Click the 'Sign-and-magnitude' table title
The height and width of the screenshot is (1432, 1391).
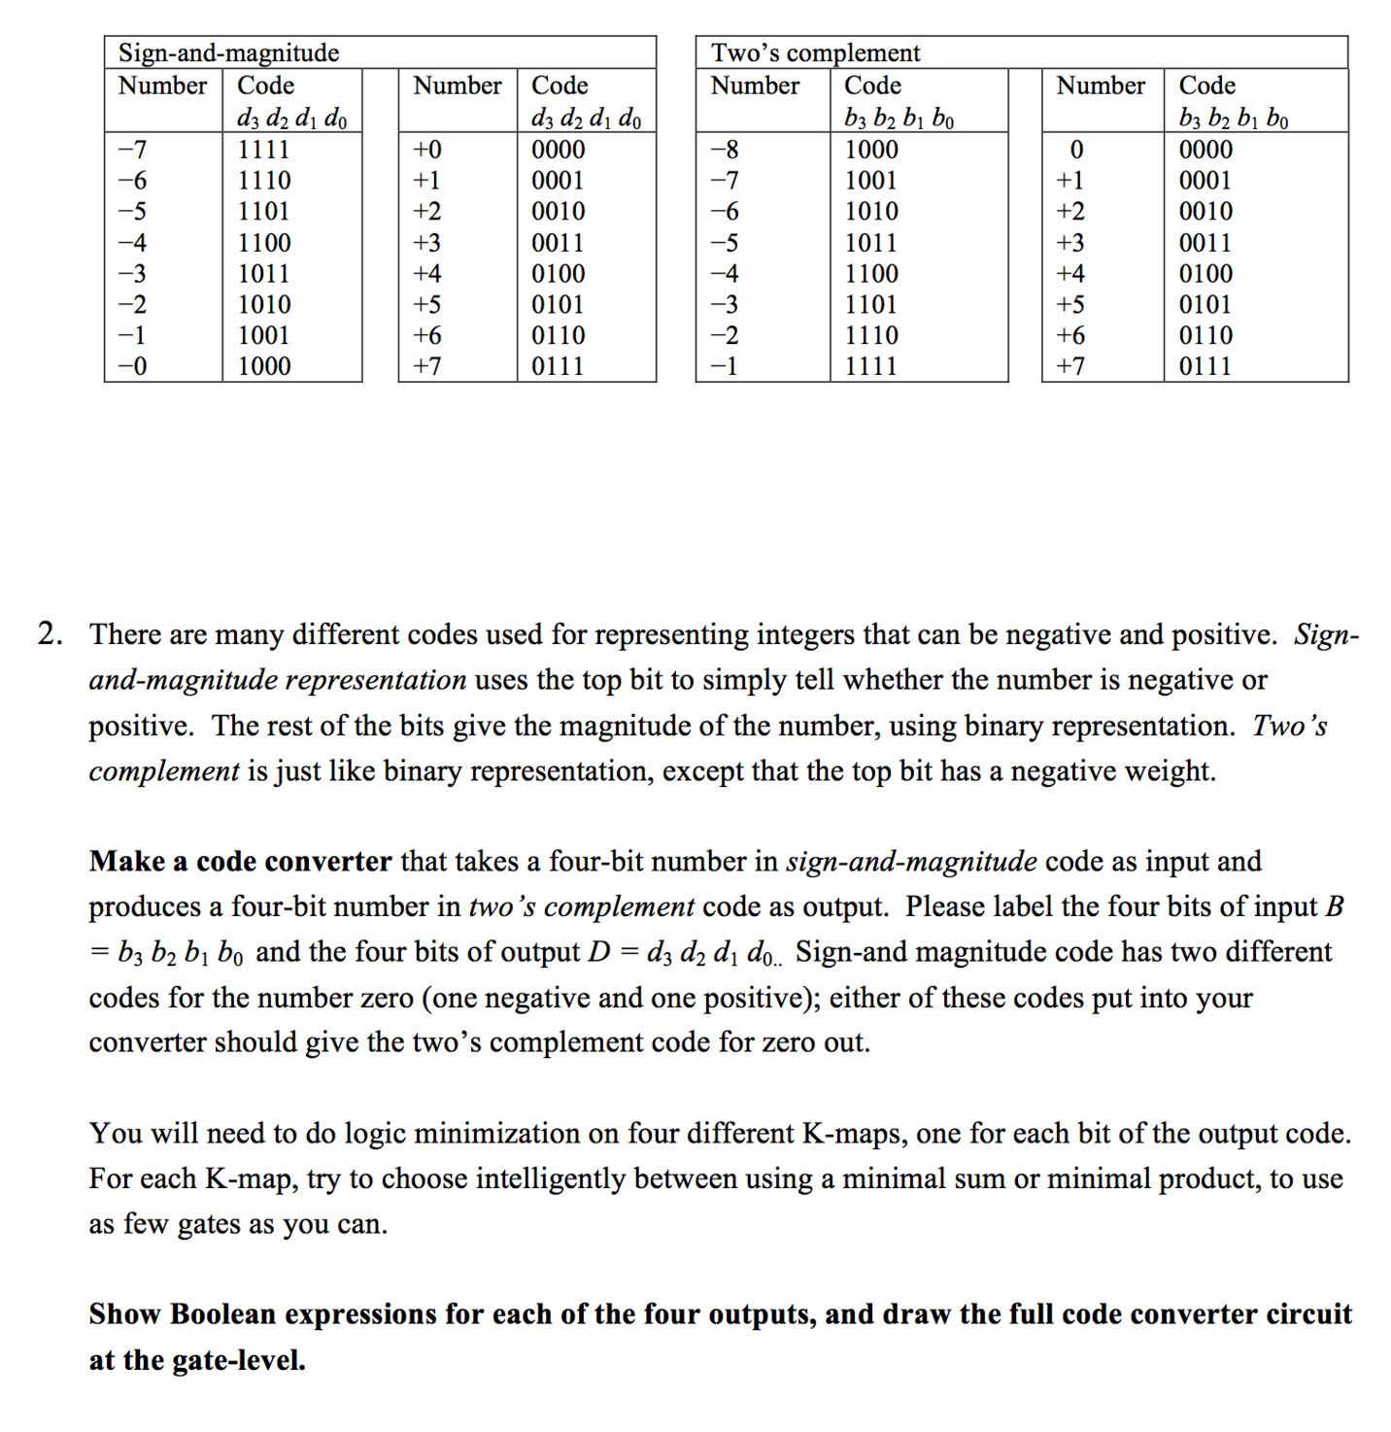pyautogui.click(x=228, y=52)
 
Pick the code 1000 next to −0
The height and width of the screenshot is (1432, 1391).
pyautogui.click(x=264, y=366)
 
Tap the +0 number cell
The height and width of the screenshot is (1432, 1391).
pyautogui.click(x=427, y=150)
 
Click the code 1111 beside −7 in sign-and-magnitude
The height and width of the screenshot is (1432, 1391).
pyautogui.click(x=264, y=150)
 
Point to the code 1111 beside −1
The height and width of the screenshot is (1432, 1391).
pyautogui.click(x=871, y=366)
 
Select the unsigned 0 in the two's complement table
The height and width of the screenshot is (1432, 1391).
pyautogui.click(x=1075, y=150)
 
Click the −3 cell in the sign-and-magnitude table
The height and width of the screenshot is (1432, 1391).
pyautogui.click(x=132, y=274)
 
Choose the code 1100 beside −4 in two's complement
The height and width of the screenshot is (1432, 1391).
pyautogui.click(x=871, y=274)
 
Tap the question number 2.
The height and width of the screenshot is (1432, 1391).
pyautogui.click(x=51, y=634)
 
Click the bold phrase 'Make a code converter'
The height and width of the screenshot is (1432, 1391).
pyautogui.click(x=240, y=862)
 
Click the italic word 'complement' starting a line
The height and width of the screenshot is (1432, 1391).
pyautogui.click(x=163, y=771)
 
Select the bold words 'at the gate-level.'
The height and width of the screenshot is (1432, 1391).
pyautogui.click(x=197, y=1360)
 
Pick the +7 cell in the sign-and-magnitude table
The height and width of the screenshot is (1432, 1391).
pyautogui.click(x=427, y=366)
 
